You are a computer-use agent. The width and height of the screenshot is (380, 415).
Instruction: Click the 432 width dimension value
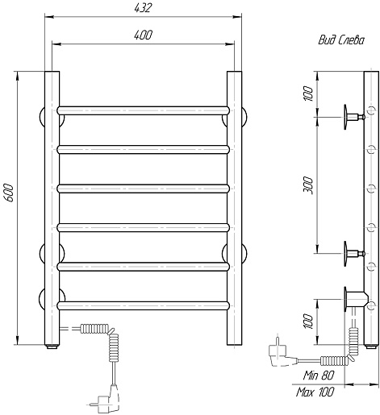click(x=143, y=8)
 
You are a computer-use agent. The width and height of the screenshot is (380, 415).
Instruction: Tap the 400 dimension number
click(x=143, y=35)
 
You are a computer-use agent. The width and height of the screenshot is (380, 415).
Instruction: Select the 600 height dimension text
click(x=9, y=193)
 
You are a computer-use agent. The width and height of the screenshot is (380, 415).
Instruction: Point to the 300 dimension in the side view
click(x=308, y=185)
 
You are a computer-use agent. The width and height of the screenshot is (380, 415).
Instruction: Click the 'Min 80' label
click(x=319, y=375)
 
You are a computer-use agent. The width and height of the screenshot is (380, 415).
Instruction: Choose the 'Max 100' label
click(x=315, y=392)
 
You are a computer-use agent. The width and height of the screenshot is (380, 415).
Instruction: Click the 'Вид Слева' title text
click(x=341, y=40)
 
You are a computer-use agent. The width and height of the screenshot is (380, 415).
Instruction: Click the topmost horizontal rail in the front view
click(x=144, y=110)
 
